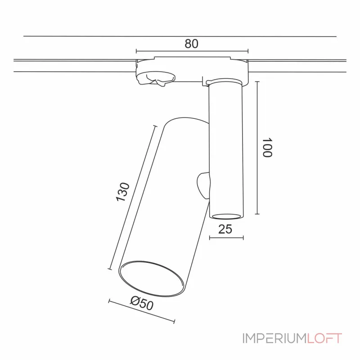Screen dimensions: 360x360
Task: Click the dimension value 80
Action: click(x=191, y=44)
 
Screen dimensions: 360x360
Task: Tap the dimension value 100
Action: click(x=268, y=147)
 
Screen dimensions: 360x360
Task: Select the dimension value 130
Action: click(x=123, y=192)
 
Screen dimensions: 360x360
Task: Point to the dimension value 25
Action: click(x=225, y=229)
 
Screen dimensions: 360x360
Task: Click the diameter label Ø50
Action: click(x=142, y=304)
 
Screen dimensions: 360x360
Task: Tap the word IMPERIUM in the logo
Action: click(x=274, y=338)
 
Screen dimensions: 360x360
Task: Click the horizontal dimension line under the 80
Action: click(x=191, y=51)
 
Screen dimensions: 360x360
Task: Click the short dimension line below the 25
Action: click(x=226, y=238)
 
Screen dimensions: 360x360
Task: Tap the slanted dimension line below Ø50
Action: click(x=141, y=311)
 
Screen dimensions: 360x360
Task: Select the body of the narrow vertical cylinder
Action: click(x=226, y=148)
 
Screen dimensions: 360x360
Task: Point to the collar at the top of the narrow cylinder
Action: click(x=226, y=82)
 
